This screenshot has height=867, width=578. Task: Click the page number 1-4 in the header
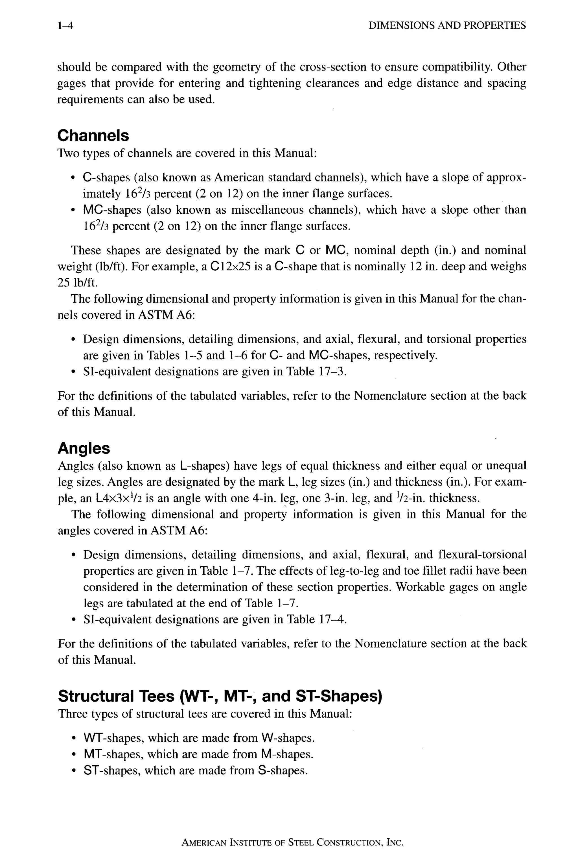[x=65, y=25]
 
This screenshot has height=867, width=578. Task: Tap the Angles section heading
[x=84, y=448]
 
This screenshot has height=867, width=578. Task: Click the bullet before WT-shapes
[x=74, y=739]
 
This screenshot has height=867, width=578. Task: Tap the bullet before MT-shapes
[x=74, y=755]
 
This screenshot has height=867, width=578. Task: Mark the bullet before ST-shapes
[x=74, y=771]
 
